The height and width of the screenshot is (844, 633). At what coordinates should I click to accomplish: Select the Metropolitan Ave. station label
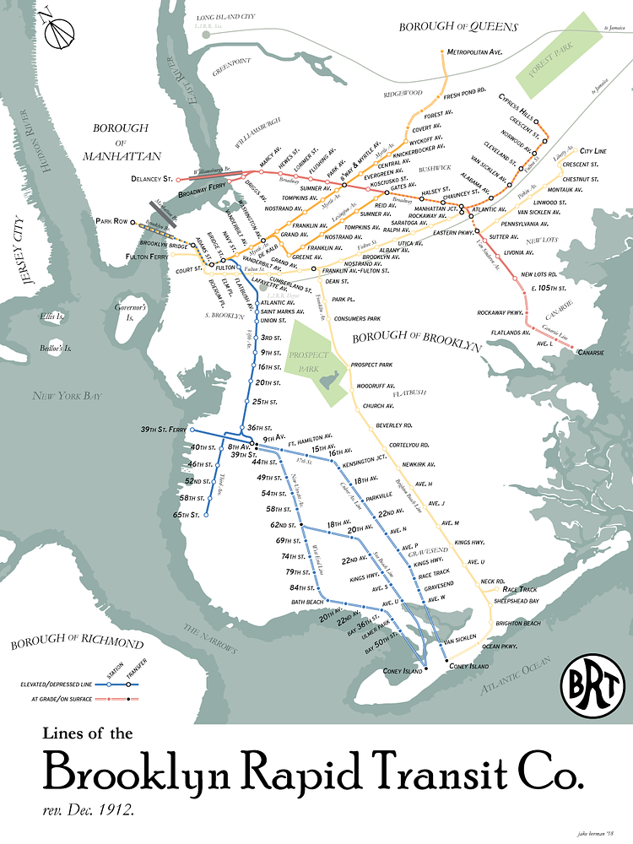click(475, 52)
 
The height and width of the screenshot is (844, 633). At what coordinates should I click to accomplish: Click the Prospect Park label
click(309, 356)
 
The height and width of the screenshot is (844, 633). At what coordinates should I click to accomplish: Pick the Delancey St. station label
click(152, 180)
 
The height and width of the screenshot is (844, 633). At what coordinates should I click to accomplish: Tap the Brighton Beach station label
click(518, 623)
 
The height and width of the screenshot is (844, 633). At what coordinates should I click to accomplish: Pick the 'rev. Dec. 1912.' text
click(89, 809)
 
